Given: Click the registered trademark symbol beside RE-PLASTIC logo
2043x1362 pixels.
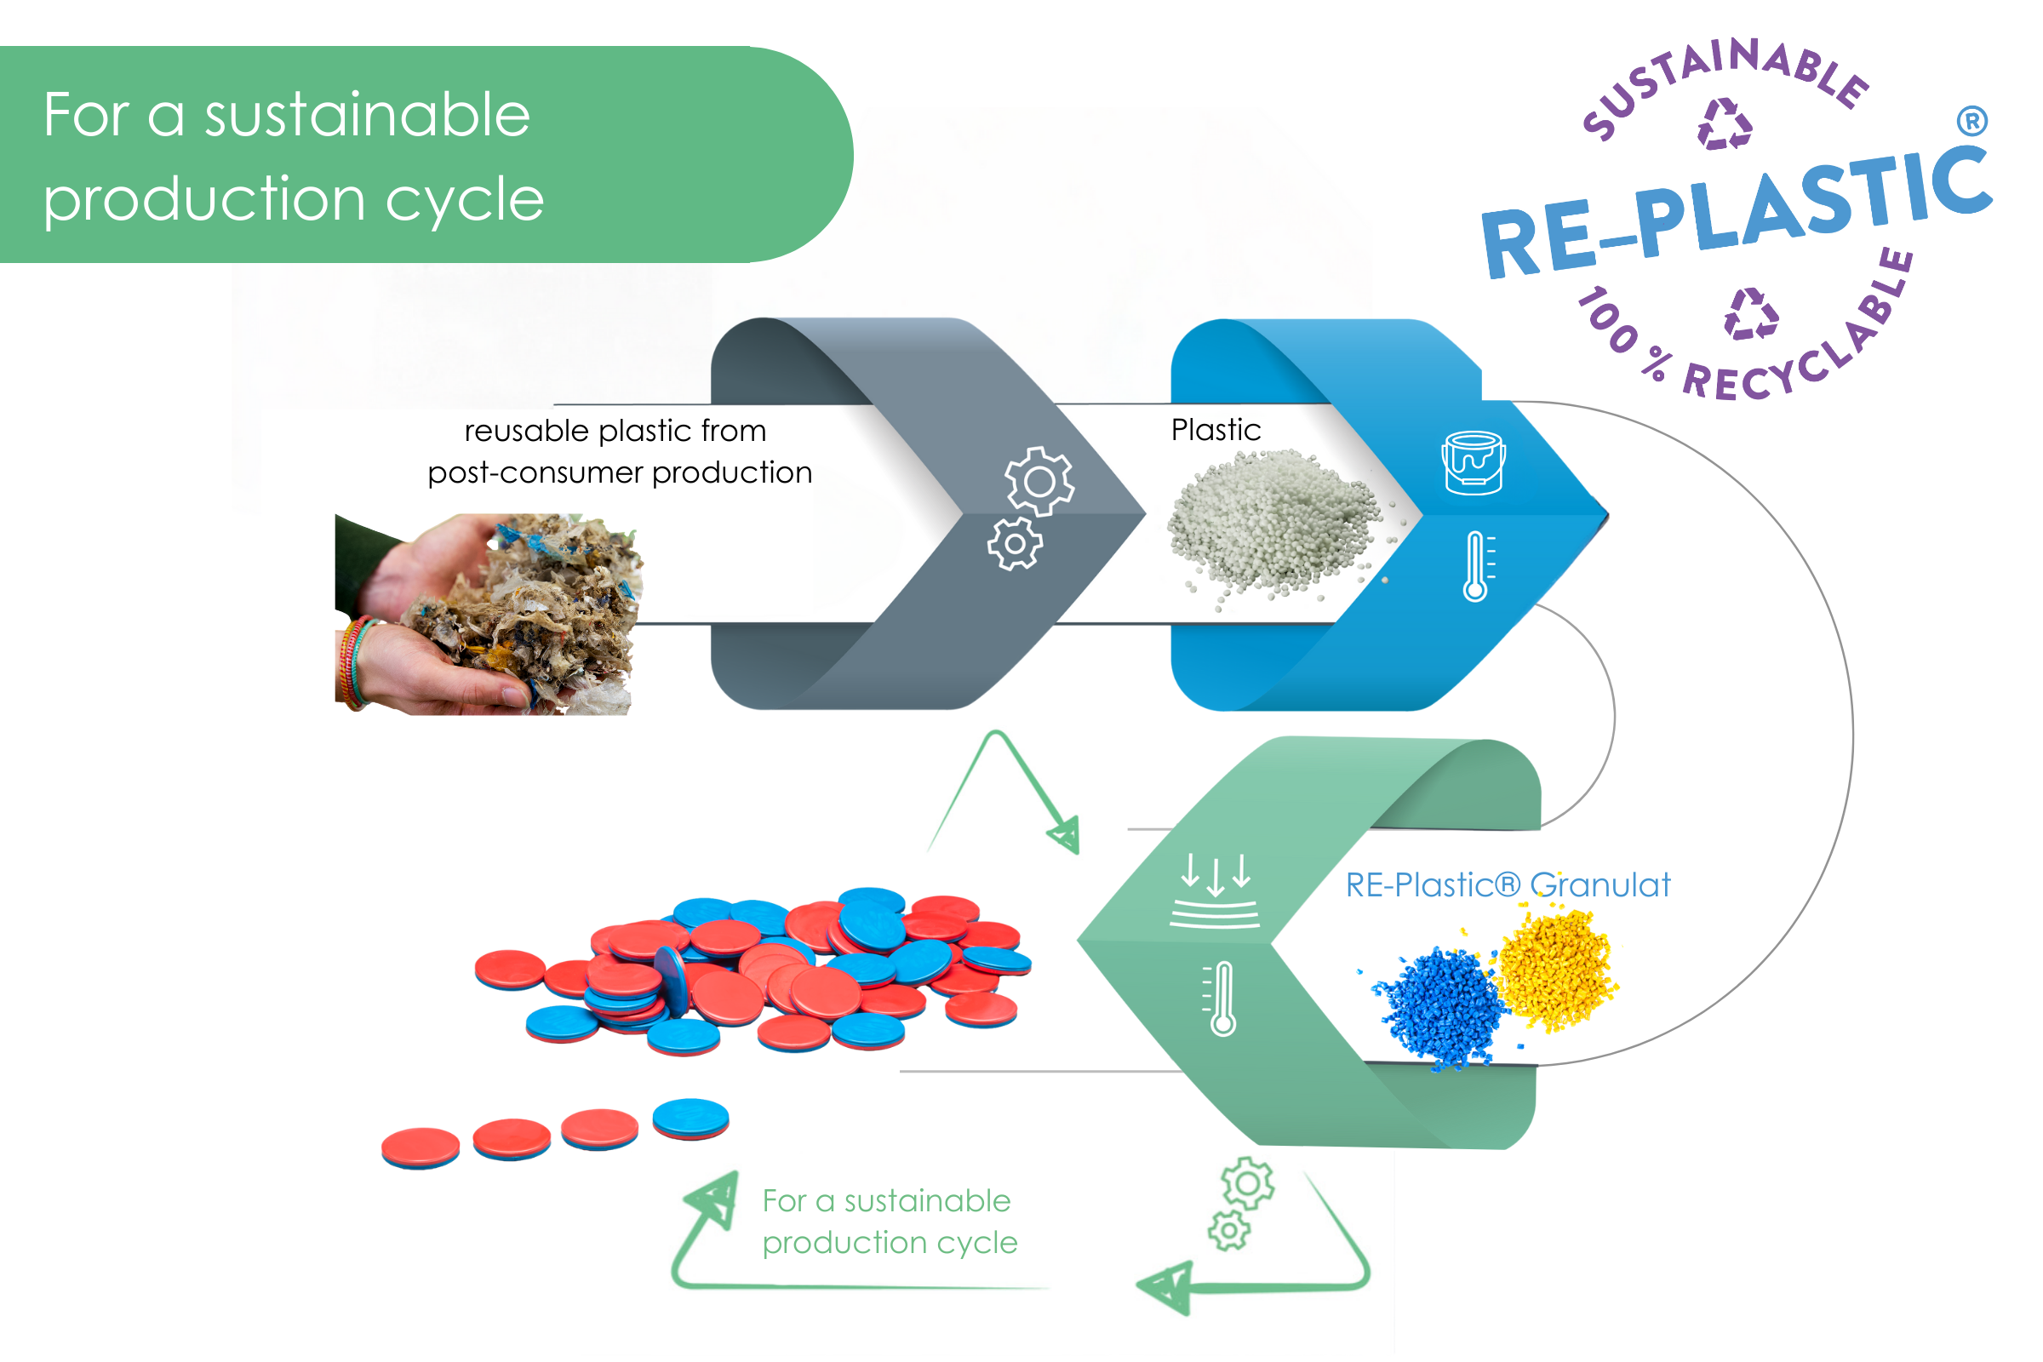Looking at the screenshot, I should pos(1971,121).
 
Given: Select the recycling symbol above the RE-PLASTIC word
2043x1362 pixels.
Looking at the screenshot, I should pos(1725,124).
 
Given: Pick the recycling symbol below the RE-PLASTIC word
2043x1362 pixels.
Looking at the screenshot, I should pos(1750,313).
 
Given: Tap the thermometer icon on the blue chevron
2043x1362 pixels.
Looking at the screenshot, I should pos(1477,566).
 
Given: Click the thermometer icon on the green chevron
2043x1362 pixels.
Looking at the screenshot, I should pos(1222,998).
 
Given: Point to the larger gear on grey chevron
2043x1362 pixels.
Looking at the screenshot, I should pos(1039,480).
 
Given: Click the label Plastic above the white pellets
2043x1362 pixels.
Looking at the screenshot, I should pos(1216,430).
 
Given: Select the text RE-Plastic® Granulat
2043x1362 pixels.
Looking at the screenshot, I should pos(1507,885).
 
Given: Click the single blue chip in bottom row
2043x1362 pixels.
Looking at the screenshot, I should pos(690,1118).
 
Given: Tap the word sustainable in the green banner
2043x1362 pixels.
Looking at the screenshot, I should pos(367,115).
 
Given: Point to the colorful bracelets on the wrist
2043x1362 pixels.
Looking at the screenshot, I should pos(354,662).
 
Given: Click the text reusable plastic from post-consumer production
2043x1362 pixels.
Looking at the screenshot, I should pos(619,452).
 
